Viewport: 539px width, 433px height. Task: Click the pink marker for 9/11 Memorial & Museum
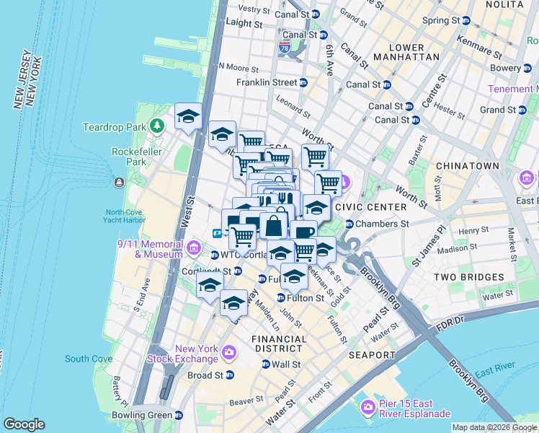click(194, 249)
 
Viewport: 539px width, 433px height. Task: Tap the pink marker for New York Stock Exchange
click(229, 353)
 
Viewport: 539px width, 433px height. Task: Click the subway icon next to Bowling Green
click(178, 415)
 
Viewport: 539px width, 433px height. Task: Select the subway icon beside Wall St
click(265, 364)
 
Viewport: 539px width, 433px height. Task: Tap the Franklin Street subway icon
click(303, 83)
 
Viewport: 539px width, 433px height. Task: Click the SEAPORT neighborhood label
click(372, 355)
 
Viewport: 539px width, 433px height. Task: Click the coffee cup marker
click(303, 232)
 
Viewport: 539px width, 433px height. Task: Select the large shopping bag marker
click(275, 226)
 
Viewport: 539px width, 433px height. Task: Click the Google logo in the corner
click(24, 424)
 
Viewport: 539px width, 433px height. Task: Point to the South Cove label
click(88, 359)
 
